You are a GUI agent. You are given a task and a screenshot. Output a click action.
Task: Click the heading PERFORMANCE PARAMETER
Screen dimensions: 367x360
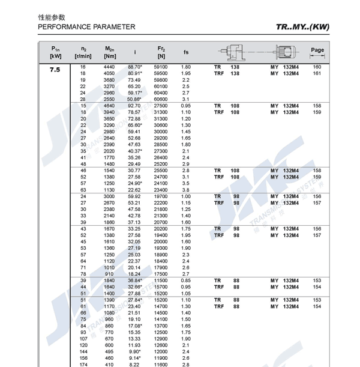(x=86, y=27)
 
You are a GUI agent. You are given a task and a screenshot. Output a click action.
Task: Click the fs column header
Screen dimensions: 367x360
(x=186, y=52)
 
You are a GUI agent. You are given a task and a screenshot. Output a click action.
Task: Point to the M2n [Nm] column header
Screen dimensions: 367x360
(x=109, y=52)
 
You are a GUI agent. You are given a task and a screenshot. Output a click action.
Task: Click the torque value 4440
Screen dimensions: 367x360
(x=109, y=67)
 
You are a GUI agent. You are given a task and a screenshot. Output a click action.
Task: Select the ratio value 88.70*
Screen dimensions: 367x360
(x=135, y=67)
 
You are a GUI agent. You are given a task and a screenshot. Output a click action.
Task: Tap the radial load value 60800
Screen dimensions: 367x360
(x=161, y=99)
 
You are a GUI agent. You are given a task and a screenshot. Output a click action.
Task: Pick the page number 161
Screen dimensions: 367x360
(x=317, y=73)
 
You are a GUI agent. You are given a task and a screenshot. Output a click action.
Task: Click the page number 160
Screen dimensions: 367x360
(x=317, y=67)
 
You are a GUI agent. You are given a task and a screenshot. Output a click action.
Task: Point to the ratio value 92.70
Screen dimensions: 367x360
(x=134, y=106)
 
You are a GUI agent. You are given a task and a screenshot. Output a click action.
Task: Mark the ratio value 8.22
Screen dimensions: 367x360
(x=134, y=365)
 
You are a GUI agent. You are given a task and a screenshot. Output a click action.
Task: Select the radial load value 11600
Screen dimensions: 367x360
(x=161, y=365)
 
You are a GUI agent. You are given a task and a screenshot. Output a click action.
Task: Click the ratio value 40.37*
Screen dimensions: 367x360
(x=135, y=151)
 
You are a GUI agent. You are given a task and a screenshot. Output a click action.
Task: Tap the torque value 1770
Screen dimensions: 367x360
(x=109, y=157)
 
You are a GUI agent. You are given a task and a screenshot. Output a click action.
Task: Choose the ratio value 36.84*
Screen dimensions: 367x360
(x=135, y=281)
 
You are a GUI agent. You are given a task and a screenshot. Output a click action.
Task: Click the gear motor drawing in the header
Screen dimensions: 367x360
(x=255, y=52)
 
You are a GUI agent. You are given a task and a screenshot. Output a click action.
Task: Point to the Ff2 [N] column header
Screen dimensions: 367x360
(x=161, y=52)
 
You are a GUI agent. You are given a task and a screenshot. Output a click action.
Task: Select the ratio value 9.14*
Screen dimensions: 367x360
(x=136, y=358)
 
